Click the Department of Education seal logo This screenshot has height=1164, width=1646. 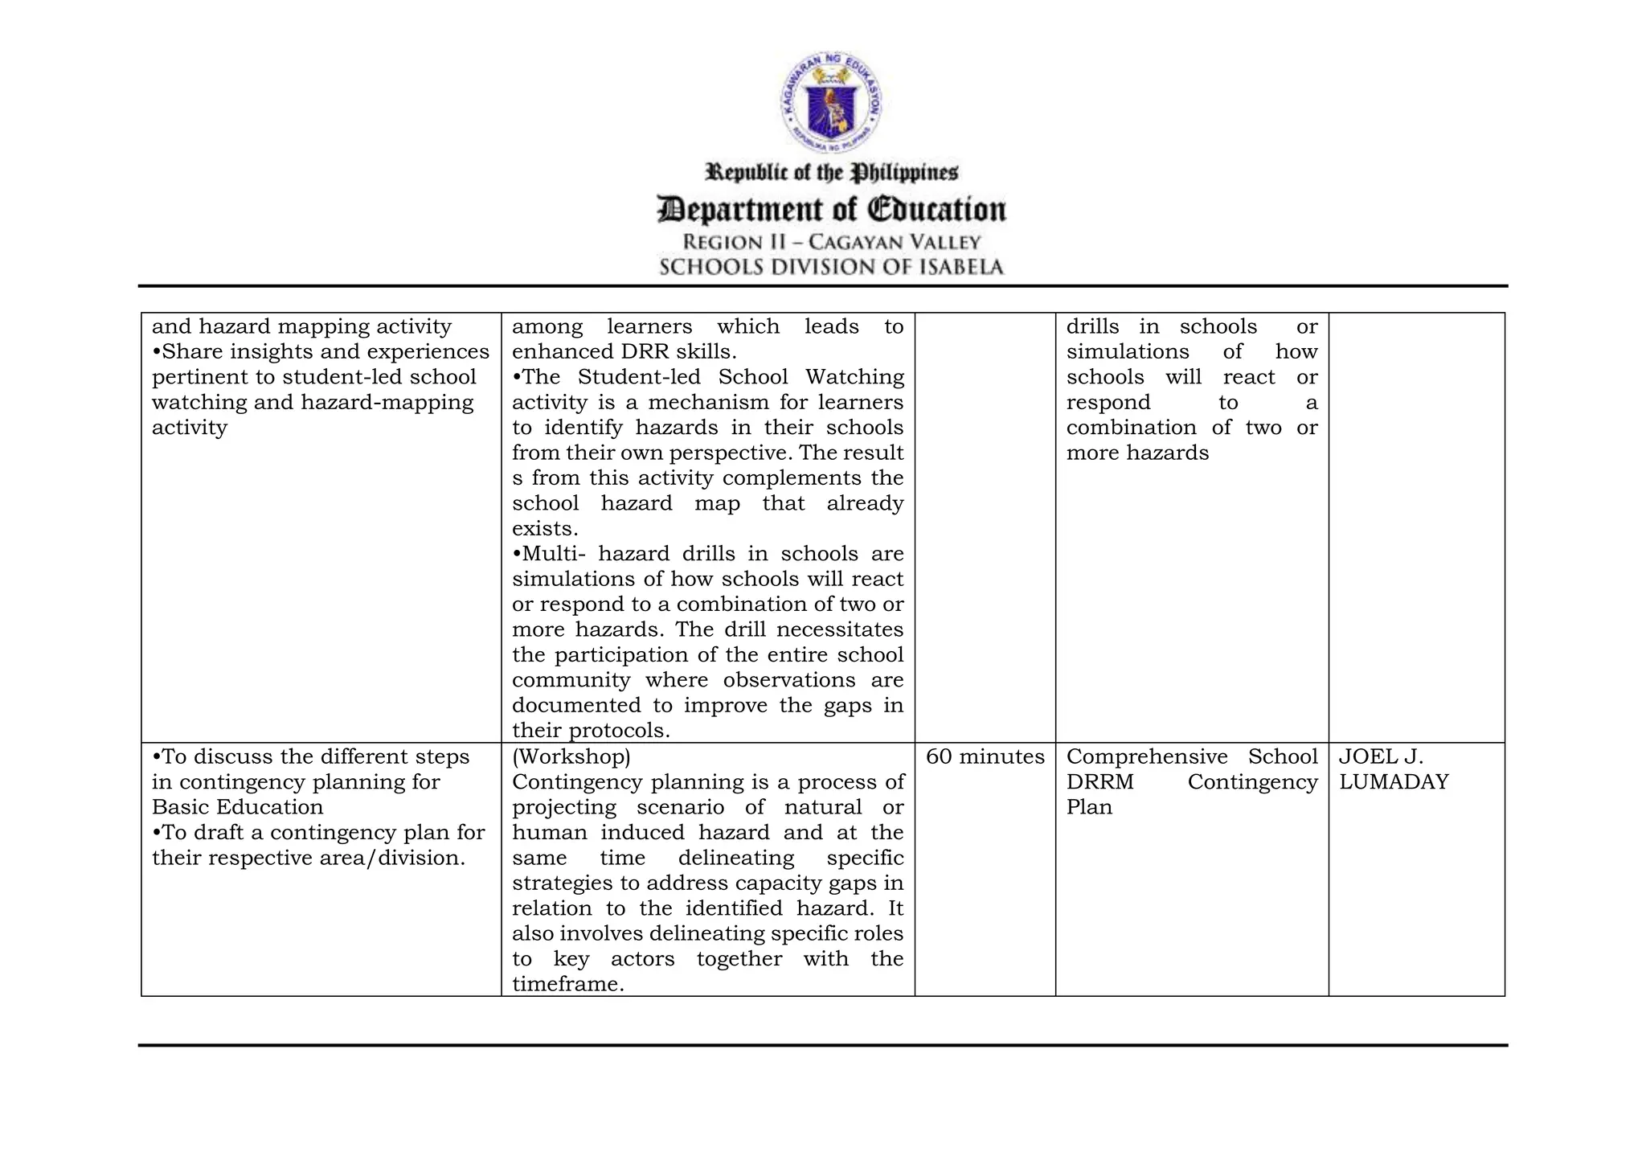831,103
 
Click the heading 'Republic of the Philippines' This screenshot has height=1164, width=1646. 831,173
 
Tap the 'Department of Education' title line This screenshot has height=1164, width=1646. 831,209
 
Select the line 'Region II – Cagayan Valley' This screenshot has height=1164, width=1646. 831,242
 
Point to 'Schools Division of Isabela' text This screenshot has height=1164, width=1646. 831,267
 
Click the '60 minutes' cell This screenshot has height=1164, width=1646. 985,756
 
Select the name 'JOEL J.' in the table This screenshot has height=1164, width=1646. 1381,756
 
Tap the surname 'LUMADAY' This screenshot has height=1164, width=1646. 1394,782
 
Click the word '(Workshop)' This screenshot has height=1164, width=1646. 571,756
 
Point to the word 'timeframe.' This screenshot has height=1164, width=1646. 567,984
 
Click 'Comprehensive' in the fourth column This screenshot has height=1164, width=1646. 1147,756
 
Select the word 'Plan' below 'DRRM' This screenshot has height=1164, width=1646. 1089,807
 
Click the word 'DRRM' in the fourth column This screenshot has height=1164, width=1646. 1099,782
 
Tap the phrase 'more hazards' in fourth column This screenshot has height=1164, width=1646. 1136,453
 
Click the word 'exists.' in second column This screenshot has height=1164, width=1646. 545,528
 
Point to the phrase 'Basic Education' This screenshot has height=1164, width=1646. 237,807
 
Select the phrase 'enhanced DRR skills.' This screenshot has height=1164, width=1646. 624,351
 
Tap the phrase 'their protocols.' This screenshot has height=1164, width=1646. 591,731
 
